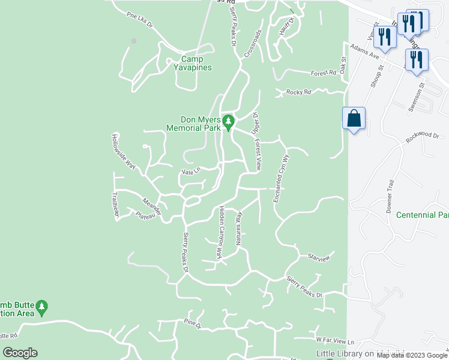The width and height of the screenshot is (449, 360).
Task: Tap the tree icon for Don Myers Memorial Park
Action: click(228, 122)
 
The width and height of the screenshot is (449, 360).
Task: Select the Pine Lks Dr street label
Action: click(140, 19)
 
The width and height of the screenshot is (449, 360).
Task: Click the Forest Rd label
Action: click(324, 73)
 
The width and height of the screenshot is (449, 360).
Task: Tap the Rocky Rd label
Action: click(299, 92)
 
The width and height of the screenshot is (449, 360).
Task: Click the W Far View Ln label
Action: click(335, 340)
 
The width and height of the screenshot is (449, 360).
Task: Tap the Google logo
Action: click(20, 353)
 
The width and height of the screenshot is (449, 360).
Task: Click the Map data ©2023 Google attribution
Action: click(411, 356)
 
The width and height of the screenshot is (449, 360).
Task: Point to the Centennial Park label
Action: click(423, 215)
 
